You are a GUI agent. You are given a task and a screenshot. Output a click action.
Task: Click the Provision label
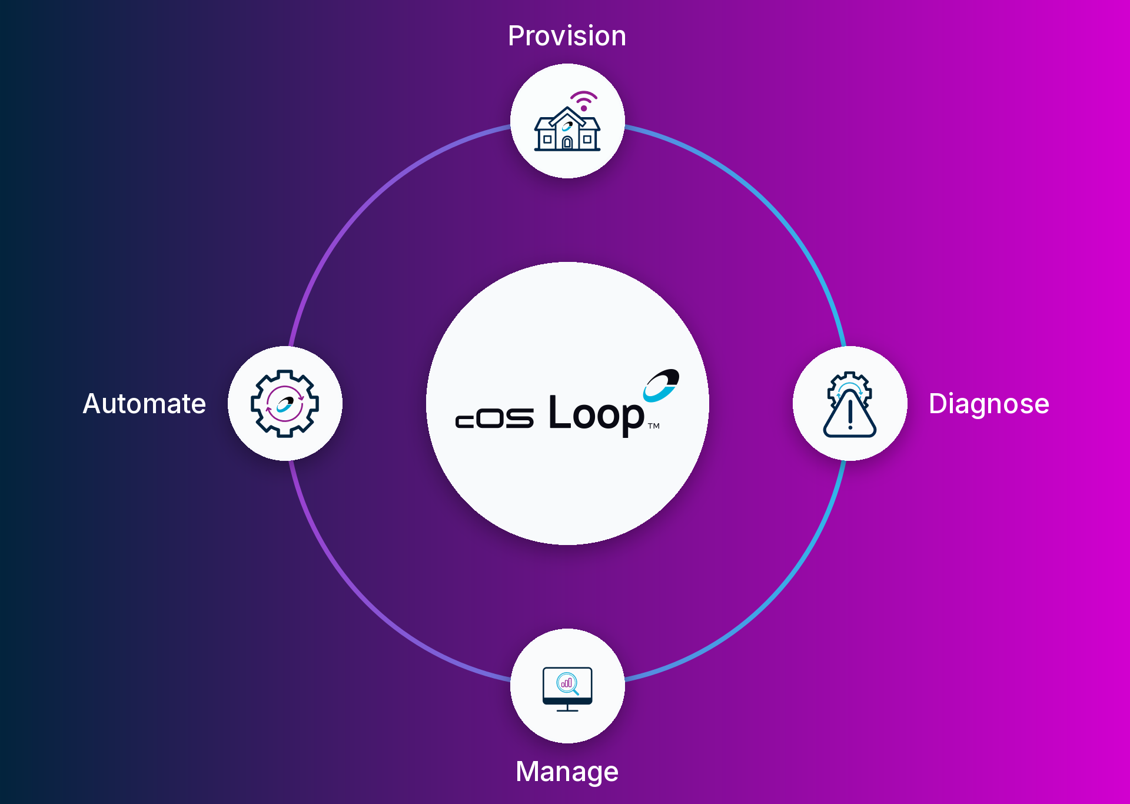[x=567, y=36]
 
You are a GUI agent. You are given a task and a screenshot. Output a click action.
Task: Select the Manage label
[x=567, y=772]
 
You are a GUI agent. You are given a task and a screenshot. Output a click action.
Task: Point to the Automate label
[x=144, y=404]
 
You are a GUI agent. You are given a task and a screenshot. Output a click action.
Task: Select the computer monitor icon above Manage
[x=567, y=689]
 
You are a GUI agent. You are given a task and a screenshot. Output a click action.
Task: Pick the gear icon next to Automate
[x=285, y=404]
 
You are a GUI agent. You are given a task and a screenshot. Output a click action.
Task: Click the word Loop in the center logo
[x=596, y=416]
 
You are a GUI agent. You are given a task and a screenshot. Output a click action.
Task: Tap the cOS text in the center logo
[x=494, y=418]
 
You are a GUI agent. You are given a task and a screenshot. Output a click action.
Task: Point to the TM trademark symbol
[x=654, y=426]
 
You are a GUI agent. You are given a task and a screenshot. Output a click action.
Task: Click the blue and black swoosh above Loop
[x=661, y=386]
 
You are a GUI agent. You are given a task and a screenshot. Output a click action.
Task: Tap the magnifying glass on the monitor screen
[x=567, y=683]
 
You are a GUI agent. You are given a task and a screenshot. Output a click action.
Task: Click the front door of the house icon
[x=567, y=142]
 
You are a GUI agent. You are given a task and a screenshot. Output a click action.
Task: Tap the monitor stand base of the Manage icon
[x=567, y=710]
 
